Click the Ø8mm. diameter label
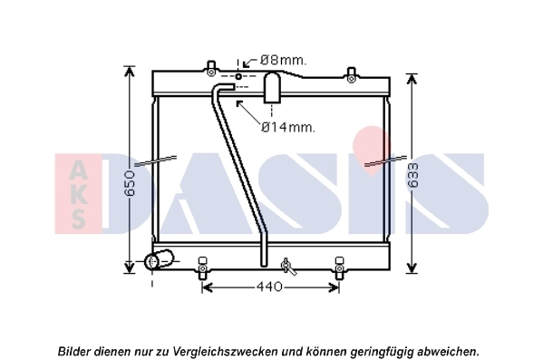[283, 60]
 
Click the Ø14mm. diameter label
[288, 128]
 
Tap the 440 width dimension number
[270, 287]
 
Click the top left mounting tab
[209, 68]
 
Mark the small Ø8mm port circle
[239, 77]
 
